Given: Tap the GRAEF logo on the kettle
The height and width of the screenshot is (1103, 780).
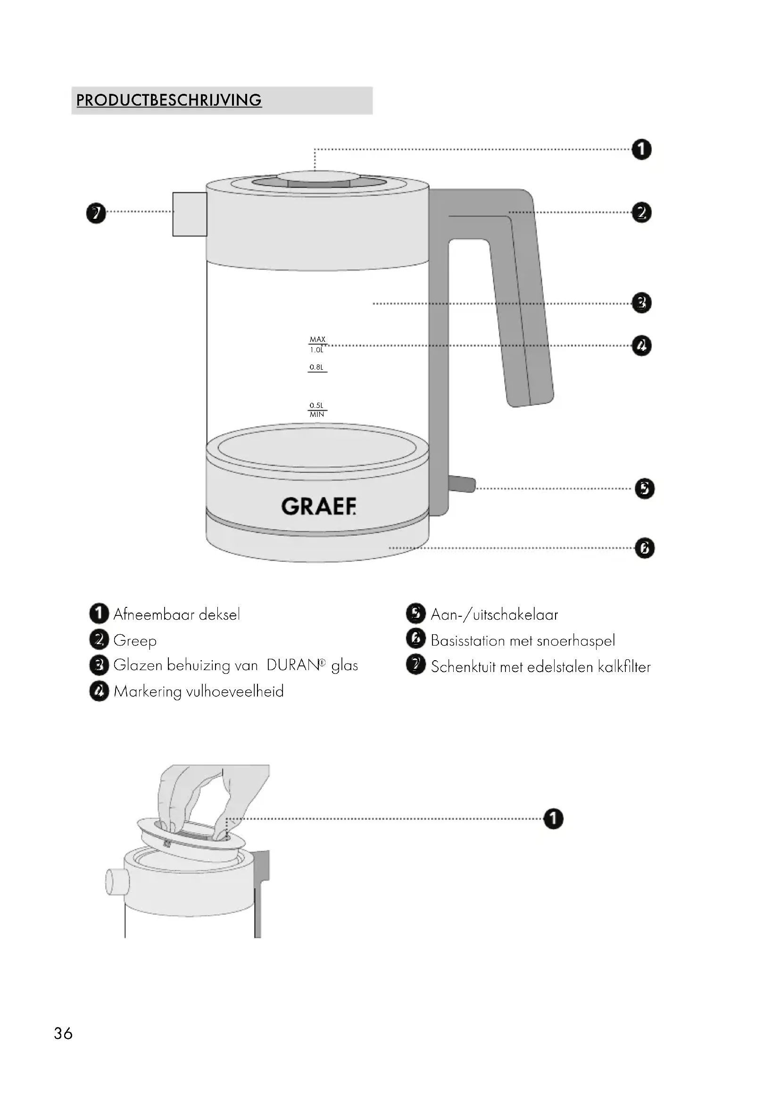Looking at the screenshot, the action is [x=319, y=506].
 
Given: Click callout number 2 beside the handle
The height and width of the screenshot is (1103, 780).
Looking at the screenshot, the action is [x=642, y=212].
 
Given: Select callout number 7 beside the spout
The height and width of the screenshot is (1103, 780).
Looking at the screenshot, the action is [x=96, y=213].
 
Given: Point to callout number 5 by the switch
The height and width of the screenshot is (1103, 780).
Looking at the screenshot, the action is [x=645, y=489].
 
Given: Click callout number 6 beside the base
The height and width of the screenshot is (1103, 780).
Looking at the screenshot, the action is [x=645, y=548].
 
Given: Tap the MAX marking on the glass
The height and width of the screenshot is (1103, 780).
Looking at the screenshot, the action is [x=317, y=339].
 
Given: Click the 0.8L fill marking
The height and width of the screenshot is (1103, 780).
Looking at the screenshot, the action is [x=316, y=367].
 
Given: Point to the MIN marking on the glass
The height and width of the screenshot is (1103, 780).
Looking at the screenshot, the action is [x=317, y=415].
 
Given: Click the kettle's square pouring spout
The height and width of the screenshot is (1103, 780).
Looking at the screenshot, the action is [x=190, y=214].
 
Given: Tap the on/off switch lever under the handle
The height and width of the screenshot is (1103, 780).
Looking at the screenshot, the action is [x=462, y=484].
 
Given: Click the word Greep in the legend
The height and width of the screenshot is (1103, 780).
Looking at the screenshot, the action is [x=135, y=641].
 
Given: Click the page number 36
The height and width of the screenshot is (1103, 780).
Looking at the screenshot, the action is [x=63, y=1033].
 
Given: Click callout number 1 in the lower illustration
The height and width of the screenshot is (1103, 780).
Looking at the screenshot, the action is [x=553, y=819].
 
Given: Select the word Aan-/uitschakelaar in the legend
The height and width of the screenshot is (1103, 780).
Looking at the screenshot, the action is [x=494, y=615].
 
